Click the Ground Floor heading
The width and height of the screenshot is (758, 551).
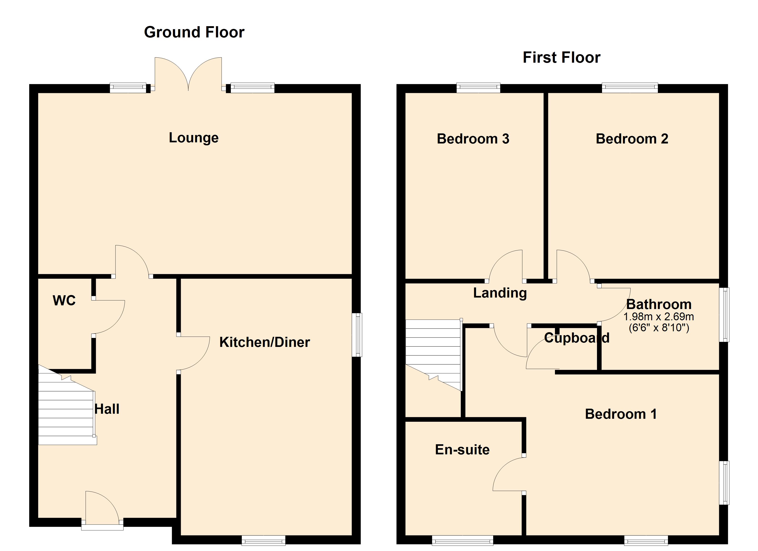[x=194, y=32]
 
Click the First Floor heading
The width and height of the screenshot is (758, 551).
[x=561, y=57]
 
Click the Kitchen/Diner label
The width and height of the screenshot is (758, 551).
[x=264, y=342]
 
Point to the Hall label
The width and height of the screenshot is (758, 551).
[x=107, y=409]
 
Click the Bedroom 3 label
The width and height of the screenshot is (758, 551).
[x=473, y=139]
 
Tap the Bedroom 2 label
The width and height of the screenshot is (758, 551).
[x=632, y=139]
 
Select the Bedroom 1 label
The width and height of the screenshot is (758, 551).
[x=621, y=414]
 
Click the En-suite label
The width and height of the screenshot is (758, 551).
[x=462, y=450]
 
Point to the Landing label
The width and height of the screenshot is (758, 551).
[x=500, y=293]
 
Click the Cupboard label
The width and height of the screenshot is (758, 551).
[x=577, y=338]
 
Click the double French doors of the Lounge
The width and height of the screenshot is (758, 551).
[x=188, y=75]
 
